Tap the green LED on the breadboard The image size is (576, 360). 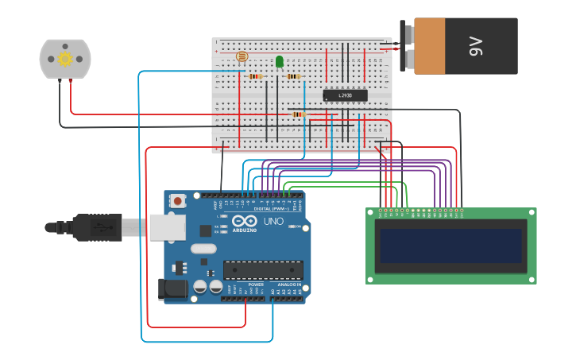(280, 61)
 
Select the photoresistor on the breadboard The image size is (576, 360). (242, 57)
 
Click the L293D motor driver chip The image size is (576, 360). (345, 95)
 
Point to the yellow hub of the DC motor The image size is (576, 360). (65, 59)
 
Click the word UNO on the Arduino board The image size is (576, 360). (273, 221)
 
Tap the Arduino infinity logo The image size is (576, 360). (245, 221)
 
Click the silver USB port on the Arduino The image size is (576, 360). (165, 228)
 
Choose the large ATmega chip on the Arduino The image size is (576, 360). (263, 269)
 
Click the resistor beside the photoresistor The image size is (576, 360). (255, 76)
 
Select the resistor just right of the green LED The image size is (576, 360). (294, 76)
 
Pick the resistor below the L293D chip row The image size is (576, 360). (299, 114)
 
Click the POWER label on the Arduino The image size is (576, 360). (256, 284)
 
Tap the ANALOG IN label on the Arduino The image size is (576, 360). (289, 284)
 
